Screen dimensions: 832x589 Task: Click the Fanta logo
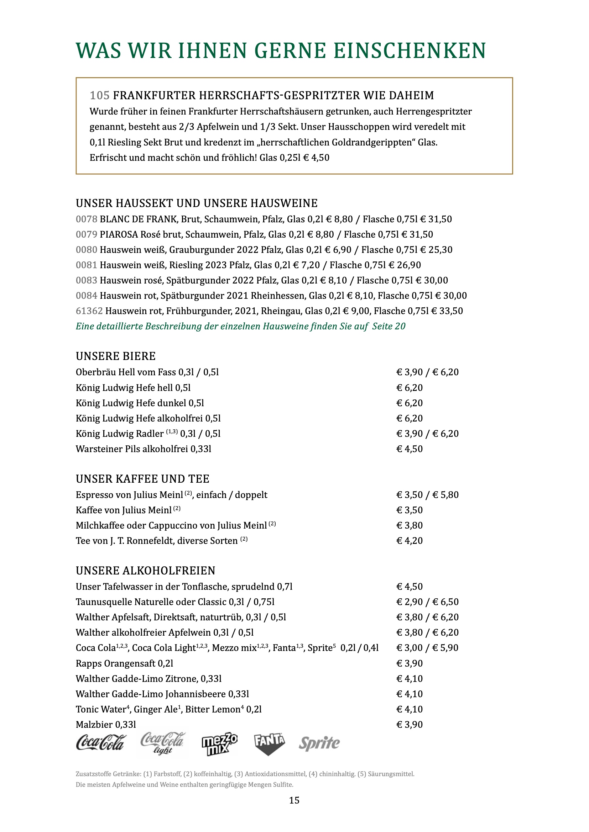tap(269, 744)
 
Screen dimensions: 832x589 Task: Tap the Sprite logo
tap(319, 743)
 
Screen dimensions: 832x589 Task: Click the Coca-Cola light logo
tap(163, 743)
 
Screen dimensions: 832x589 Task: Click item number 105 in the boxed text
tap(99, 95)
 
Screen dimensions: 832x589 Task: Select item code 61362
tap(89, 311)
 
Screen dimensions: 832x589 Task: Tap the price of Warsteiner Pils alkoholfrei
tap(410, 449)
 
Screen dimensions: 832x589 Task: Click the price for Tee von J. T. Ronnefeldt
tap(410, 541)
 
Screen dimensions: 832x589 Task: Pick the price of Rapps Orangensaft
tap(410, 663)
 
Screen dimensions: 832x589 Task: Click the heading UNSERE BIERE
tap(116, 356)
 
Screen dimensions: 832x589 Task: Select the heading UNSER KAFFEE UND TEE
tap(142, 479)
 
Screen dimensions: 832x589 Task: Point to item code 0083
tap(86, 280)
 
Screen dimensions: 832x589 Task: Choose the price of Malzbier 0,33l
tap(410, 724)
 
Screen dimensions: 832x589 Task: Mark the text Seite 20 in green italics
tap(389, 326)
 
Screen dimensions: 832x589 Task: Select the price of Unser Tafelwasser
tap(410, 586)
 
